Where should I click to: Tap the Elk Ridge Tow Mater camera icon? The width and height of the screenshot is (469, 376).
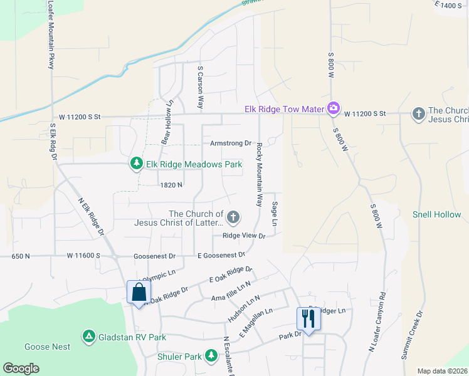tap(334, 109)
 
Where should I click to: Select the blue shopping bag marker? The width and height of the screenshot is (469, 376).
tap(139, 292)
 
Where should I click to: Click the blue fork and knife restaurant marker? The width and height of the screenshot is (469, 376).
tap(308, 318)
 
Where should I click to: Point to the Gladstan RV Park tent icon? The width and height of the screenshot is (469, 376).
tap(89, 337)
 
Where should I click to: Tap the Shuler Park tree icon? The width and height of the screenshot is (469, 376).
tap(211, 357)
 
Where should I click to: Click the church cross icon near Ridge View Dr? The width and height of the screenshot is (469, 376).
tap(233, 217)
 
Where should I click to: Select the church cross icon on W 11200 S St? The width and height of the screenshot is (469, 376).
tap(418, 113)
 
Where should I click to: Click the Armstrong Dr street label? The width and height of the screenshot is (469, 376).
tap(230, 143)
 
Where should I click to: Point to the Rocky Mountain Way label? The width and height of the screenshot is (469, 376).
tap(258, 175)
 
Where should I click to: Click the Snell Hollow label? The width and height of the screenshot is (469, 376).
tap(436, 214)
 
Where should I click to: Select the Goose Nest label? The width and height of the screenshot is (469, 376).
tap(48, 347)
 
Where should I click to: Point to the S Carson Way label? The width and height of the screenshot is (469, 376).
tap(201, 88)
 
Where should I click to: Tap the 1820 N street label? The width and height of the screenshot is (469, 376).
tap(171, 185)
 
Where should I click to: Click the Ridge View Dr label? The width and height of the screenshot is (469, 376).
tap(244, 236)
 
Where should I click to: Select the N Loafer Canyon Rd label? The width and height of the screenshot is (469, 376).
tap(380, 332)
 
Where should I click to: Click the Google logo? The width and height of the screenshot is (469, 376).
tap(21, 368)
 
